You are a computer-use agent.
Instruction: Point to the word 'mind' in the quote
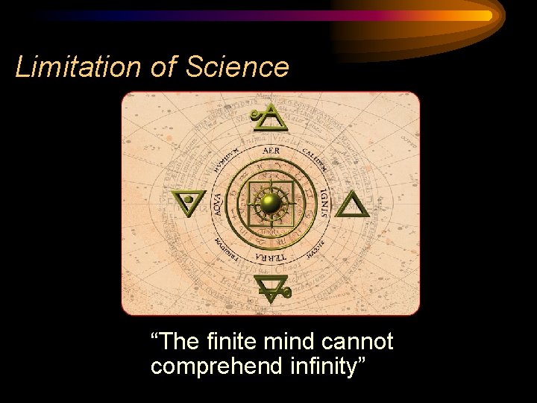click(292, 342)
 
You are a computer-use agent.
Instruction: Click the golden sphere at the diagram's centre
click(271, 202)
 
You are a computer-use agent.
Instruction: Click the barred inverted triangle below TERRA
click(271, 288)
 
